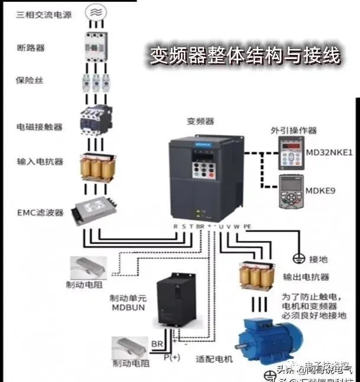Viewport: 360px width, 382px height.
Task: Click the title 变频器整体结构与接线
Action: click(x=244, y=57)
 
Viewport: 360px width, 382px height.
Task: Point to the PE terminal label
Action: click(x=247, y=226)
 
